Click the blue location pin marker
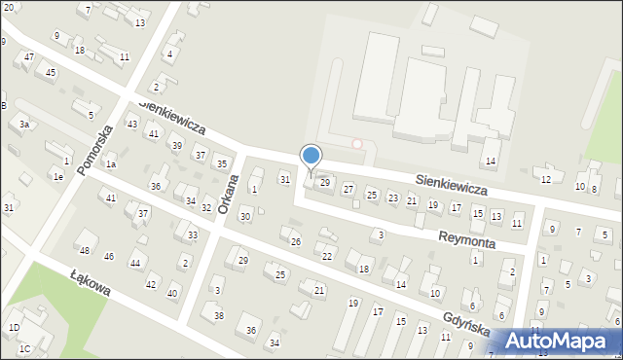click(311, 158)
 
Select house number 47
click(29, 57)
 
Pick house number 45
click(50, 73)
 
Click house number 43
click(132, 125)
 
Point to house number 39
click(176, 146)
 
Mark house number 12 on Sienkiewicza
click(546, 179)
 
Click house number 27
click(348, 189)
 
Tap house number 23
click(392, 198)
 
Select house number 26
click(296, 241)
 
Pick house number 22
click(327, 257)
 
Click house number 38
click(219, 316)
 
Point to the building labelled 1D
click(14, 328)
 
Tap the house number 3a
click(23, 125)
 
